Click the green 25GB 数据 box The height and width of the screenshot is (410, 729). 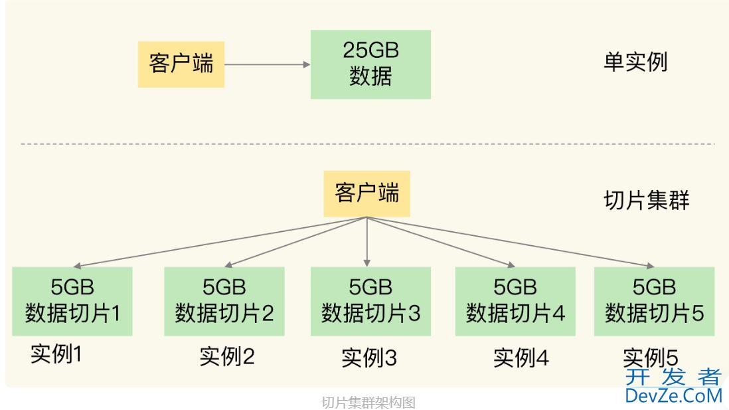pos(370,64)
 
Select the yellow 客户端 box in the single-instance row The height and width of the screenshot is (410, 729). pos(181,64)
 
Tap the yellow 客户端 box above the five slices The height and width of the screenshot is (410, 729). pos(367,193)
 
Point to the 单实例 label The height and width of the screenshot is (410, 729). pos(635,62)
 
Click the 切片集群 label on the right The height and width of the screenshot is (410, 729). pos(646,199)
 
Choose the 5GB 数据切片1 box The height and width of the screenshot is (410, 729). pos(72,300)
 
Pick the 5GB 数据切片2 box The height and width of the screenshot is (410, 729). pos(224,300)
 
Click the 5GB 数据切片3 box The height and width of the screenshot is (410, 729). pos(370,300)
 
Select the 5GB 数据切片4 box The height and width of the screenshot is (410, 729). pos(515,300)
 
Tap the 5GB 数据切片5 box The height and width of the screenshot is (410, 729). pos(654,300)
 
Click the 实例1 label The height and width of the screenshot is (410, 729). pos(56,354)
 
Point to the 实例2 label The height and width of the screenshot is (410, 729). pos(227,357)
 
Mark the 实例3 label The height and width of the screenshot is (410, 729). pos(369,358)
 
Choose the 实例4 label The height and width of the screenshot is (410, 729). pos(521,358)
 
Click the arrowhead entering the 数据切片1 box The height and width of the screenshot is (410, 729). pos(75,264)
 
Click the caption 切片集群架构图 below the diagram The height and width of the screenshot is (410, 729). pos(368,402)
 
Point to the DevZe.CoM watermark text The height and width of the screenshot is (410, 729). pos(673,396)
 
